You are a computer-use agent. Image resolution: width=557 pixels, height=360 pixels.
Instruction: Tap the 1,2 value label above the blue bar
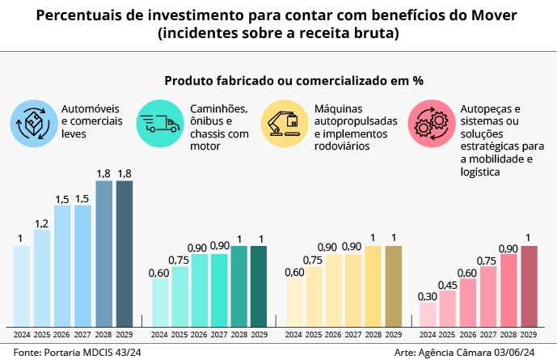(42, 222)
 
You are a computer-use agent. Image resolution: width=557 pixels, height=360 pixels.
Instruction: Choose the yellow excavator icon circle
(284, 123)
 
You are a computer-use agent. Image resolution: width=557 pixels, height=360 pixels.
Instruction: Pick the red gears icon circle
(430, 123)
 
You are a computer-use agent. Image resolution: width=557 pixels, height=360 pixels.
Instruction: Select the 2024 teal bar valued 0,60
(159, 302)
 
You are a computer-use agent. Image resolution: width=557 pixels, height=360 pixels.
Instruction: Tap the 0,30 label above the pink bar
(428, 296)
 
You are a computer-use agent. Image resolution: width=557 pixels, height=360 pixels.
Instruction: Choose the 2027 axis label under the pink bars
(488, 333)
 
